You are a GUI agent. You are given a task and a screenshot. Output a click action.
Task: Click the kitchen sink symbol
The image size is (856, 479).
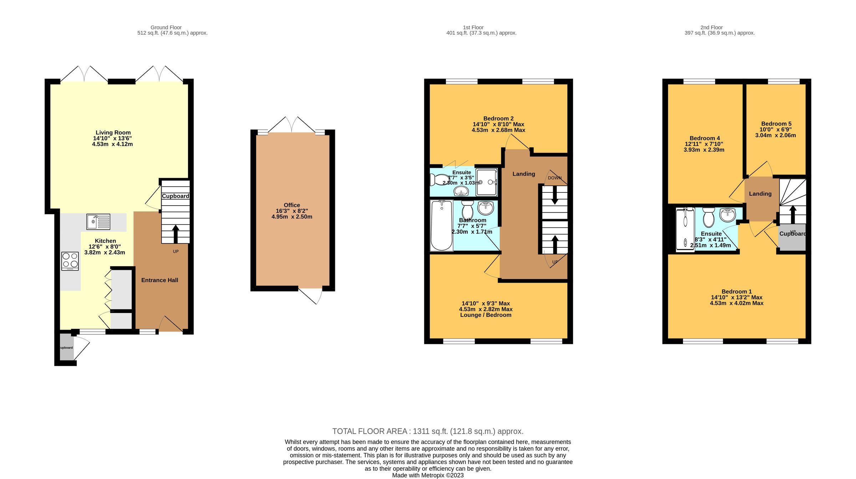point(98,222)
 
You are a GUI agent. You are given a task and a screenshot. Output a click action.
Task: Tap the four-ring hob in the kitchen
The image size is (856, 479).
point(70,261)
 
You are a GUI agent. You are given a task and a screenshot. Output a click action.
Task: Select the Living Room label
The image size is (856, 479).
point(113,133)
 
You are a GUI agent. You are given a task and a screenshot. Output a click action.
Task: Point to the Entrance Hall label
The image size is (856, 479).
point(159,280)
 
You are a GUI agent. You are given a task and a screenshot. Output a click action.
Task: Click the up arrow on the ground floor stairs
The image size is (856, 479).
point(175,233)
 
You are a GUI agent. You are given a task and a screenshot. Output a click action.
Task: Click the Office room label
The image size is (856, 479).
point(292,205)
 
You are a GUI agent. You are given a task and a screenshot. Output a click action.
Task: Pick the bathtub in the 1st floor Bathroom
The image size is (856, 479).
point(442,226)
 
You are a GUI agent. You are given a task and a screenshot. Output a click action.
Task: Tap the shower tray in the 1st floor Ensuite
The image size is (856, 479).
point(486,182)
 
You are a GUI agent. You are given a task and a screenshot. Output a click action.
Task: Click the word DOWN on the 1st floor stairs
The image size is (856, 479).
point(555,178)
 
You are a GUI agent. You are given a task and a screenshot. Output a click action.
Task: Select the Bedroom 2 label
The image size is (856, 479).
point(498,118)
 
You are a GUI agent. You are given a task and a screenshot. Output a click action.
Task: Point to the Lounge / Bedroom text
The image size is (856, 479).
point(485,315)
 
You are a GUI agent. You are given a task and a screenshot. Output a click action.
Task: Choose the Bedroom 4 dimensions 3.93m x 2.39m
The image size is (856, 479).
point(704,150)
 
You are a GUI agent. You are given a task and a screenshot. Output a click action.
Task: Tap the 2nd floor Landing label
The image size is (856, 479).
point(760,194)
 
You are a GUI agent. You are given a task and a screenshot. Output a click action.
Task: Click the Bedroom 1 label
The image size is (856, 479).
point(737,292)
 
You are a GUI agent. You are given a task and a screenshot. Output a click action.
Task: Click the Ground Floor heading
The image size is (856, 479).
point(166,27)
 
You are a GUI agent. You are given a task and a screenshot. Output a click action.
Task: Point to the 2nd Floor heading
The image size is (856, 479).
point(711,27)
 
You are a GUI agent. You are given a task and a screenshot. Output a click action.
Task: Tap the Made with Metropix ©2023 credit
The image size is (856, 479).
point(428,475)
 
